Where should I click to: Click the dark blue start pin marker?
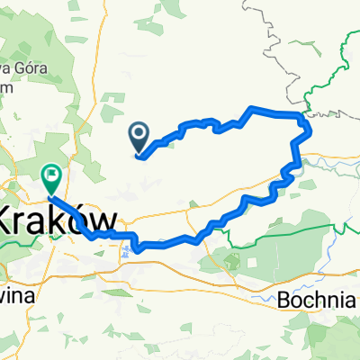pyautogui.click(x=140, y=138)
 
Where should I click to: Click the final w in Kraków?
pyautogui.click(x=105, y=221)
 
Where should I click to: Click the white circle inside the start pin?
pyautogui.click(x=140, y=135)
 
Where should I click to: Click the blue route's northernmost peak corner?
pyautogui.click(x=251, y=108)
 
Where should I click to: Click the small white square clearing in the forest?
pyautogui.click(x=226, y=262)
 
